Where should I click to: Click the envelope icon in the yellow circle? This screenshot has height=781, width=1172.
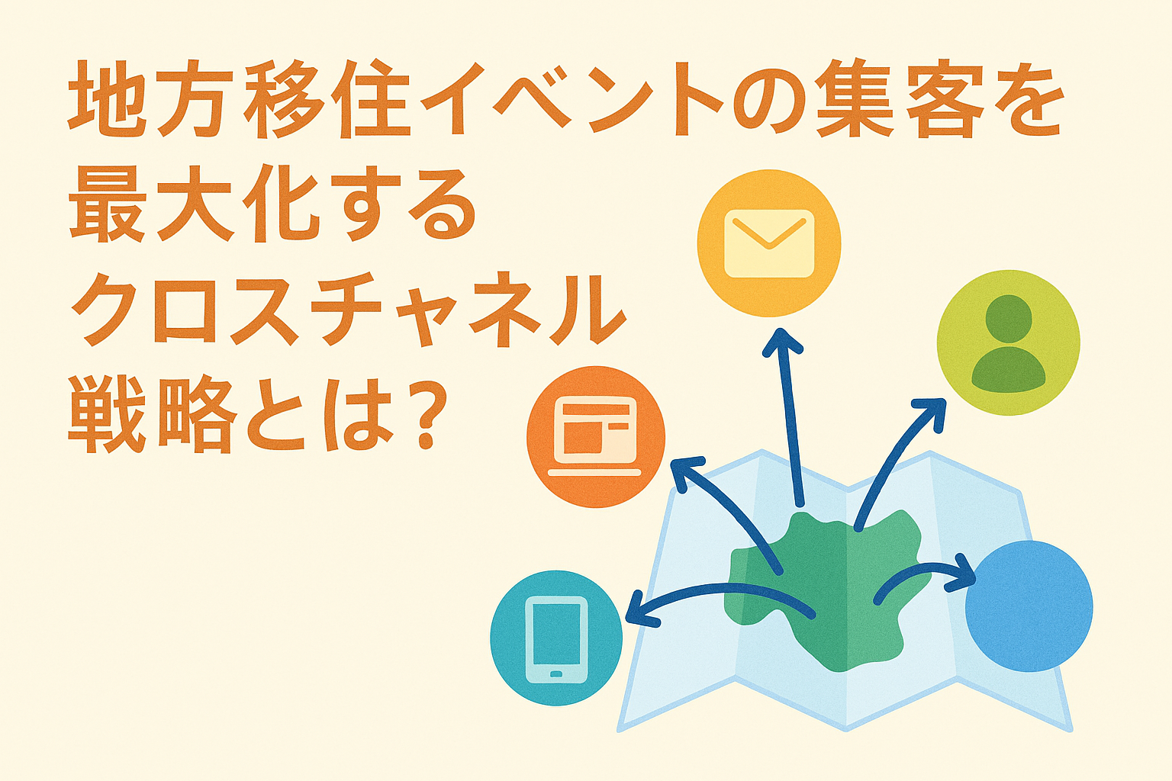(769, 243)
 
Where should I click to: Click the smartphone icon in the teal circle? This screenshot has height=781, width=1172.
(557, 638)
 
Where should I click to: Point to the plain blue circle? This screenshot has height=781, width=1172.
(1029, 606)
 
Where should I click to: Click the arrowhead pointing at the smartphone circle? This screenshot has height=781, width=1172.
(637, 612)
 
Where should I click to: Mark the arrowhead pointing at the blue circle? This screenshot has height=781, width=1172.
(963, 574)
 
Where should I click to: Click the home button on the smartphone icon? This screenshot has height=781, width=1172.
(557, 673)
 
